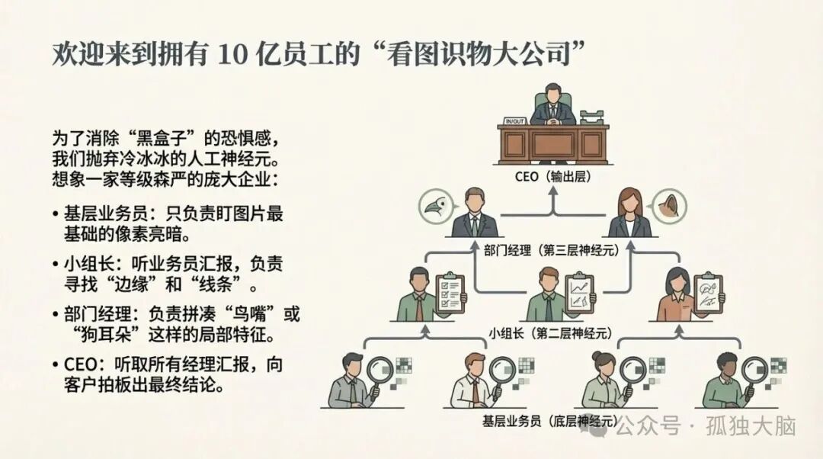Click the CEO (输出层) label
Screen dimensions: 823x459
tap(554, 178)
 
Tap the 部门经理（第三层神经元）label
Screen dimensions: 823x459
tap(553, 249)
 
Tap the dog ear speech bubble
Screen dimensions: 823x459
tap(668, 204)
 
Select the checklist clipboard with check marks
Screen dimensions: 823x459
tap(450, 292)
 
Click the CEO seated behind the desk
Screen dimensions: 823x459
tap(553, 107)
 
